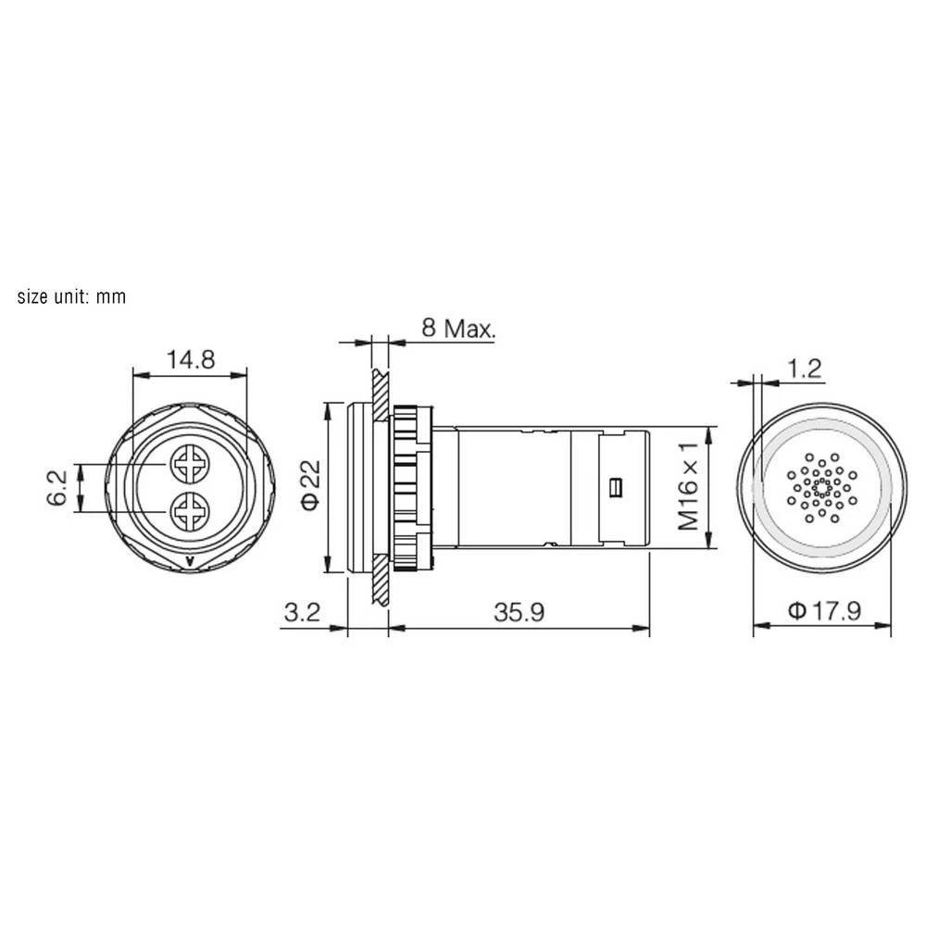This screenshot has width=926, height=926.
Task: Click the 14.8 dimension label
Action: (x=190, y=359)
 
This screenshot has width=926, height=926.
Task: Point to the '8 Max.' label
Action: (x=458, y=328)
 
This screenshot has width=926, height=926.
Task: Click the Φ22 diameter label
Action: (x=311, y=486)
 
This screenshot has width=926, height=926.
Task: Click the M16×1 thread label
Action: (x=688, y=487)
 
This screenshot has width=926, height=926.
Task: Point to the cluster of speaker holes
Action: (x=821, y=486)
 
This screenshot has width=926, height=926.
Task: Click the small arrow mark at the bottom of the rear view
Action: (x=190, y=560)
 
